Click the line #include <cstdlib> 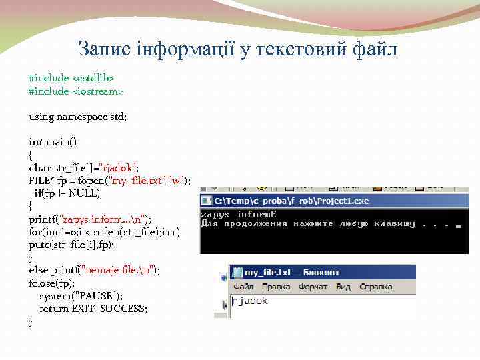67,78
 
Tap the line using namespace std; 77,116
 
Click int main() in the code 53,142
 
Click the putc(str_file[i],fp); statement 71,245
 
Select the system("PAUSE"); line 81,295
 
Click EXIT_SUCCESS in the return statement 111,309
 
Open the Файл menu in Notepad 243,287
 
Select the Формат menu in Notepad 313,287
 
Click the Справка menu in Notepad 375,287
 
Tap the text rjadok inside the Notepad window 250,301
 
